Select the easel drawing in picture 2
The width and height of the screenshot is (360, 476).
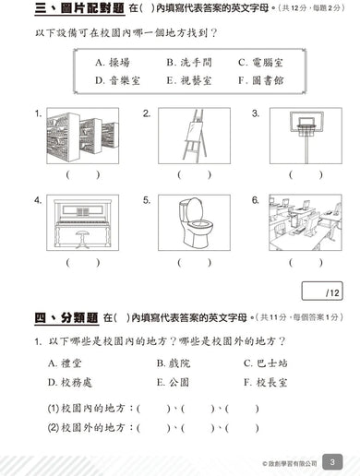[x=193, y=136]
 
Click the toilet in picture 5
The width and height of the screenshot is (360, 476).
[x=193, y=224]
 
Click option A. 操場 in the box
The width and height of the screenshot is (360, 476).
[x=114, y=63]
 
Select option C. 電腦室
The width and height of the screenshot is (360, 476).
[x=256, y=63]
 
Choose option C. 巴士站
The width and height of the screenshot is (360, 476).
[x=268, y=363]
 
